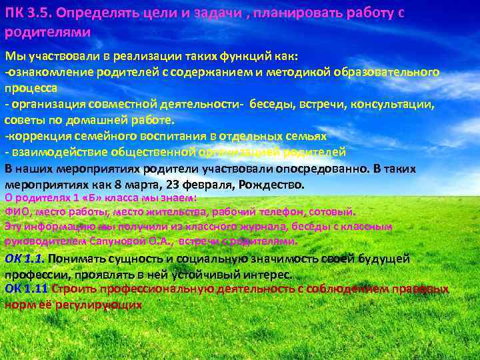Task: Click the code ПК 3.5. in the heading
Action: (29, 14)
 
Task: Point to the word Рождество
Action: (269, 184)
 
